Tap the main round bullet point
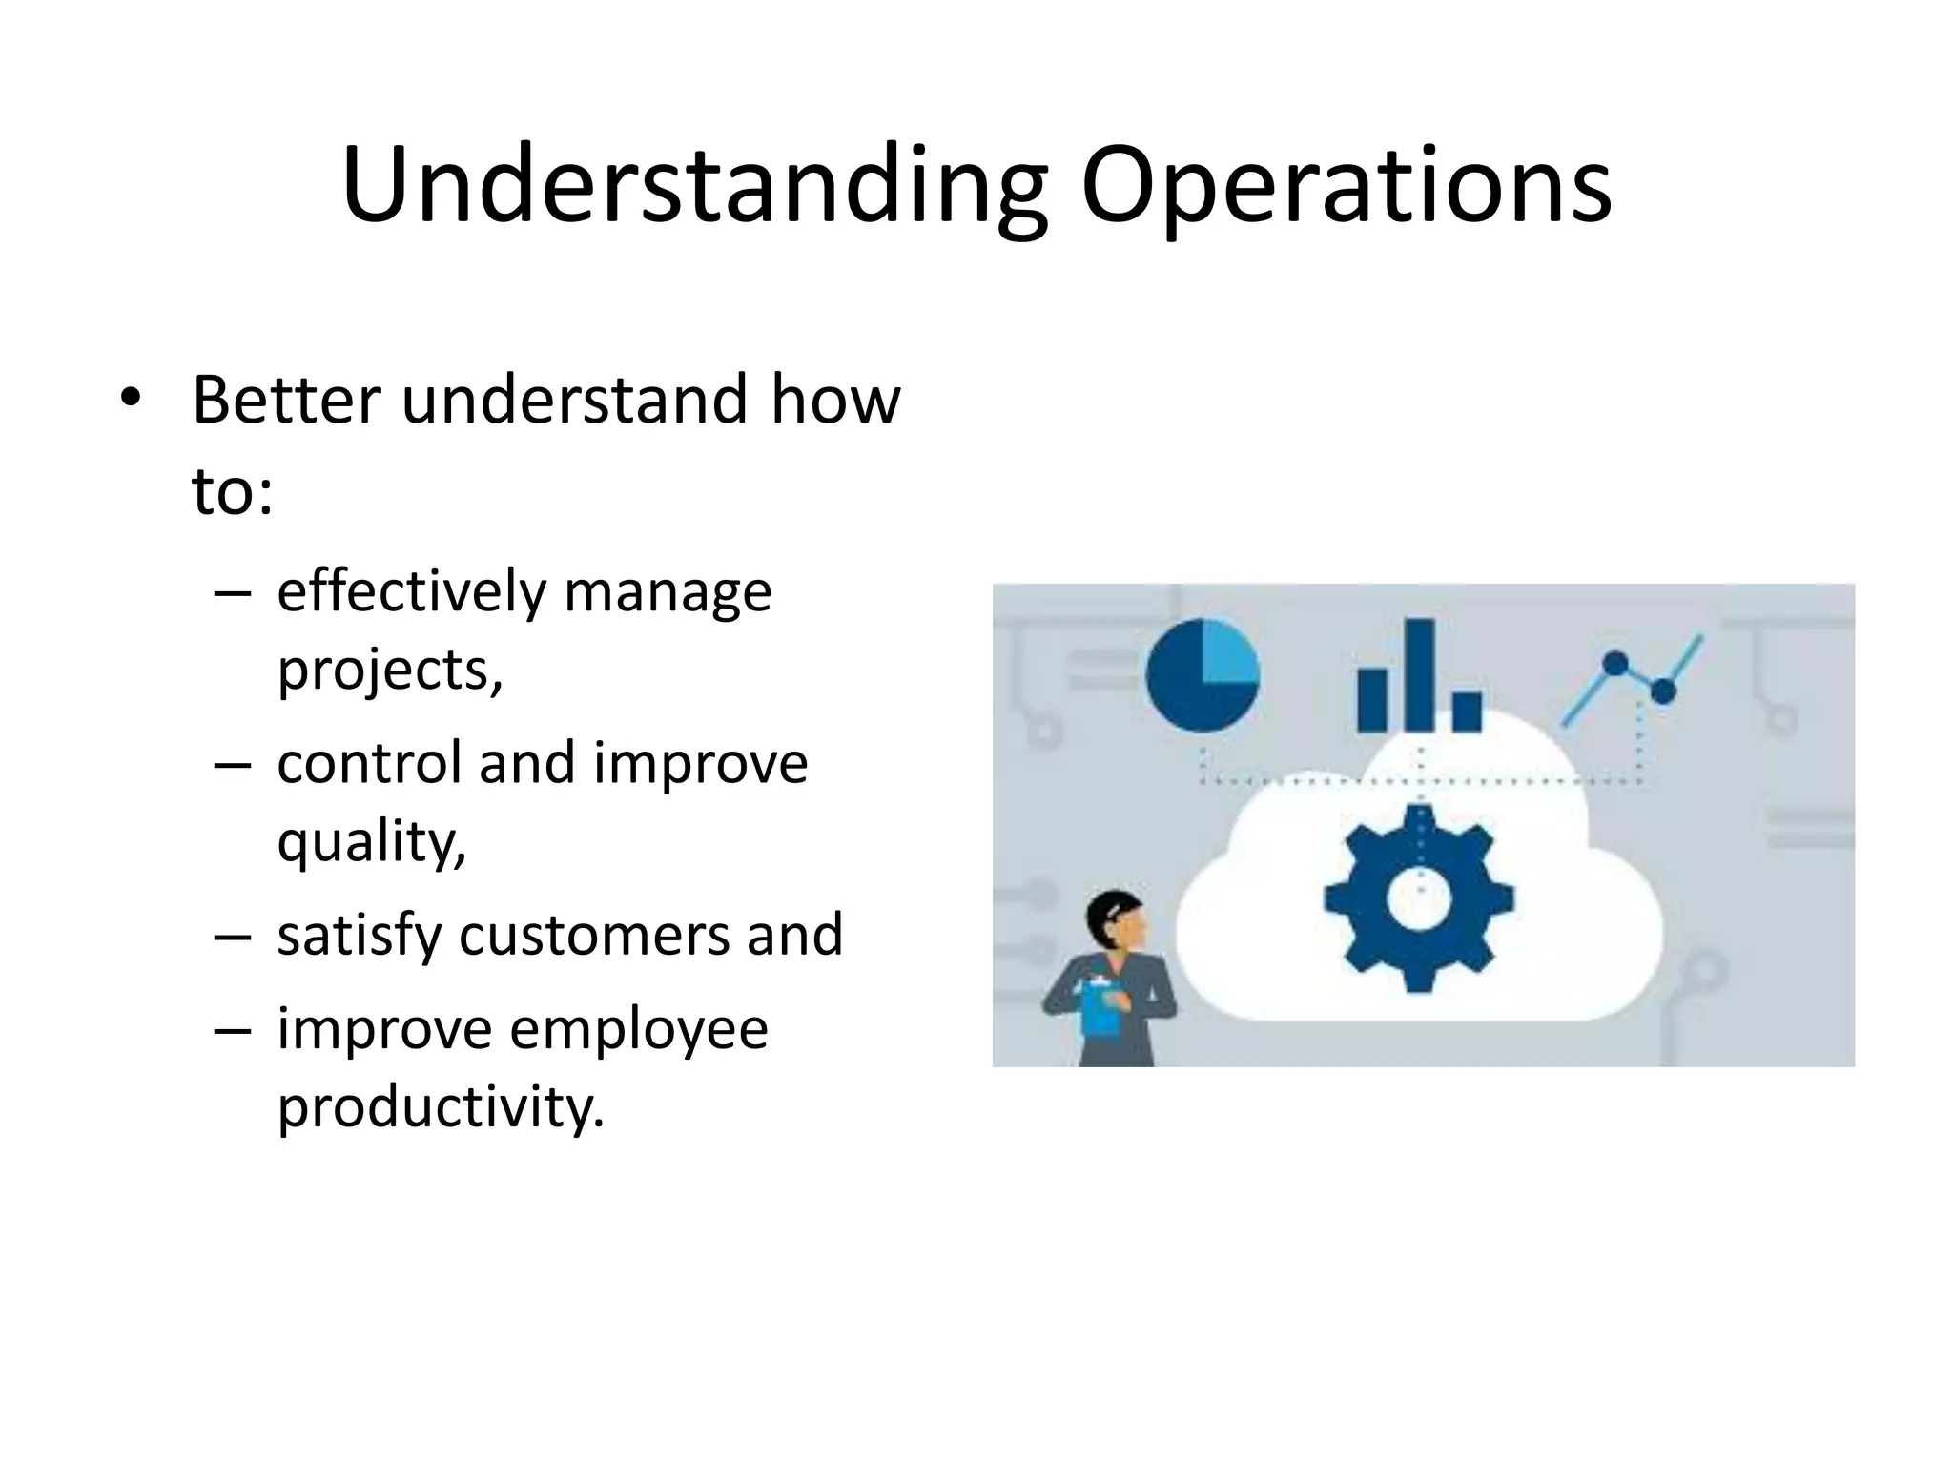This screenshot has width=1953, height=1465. click(130, 398)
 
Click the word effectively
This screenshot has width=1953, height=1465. click(410, 591)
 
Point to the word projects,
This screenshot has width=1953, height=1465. click(389, 671)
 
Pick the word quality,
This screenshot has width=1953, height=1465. click(371, 842)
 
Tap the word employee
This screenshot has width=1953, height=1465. click(638, 1029)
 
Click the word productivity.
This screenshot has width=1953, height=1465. click(440, 1107)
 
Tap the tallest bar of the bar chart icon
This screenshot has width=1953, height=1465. click(1420, 674)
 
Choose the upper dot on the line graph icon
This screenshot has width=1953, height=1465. click(1615, 662)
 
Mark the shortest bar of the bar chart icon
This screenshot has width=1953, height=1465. click(1467, 711)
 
